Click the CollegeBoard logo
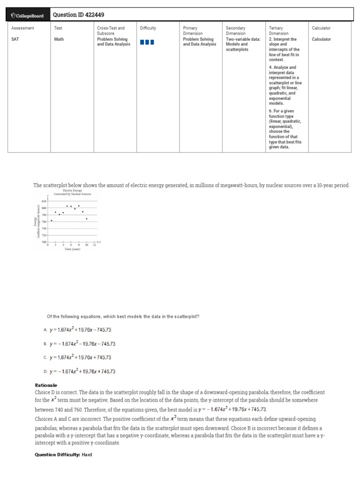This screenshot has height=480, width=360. pos(27,15)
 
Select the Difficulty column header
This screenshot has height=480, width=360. pos(148,28)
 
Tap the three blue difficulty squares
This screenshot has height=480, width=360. pos(147,42)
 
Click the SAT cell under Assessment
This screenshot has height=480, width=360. pos(15,39)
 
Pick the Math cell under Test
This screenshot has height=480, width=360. pos(59,39)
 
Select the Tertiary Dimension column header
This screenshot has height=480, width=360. pos(279,31)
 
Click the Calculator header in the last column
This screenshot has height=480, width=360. pos(321,28)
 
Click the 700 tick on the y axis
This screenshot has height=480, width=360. pos(44,242)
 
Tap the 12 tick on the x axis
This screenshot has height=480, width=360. pos(94,245)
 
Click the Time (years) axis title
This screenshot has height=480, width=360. pos(72,249)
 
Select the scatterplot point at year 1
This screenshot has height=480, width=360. pos(52,220)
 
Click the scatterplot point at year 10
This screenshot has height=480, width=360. pos(87,218)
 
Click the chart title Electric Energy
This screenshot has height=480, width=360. pos(72,191)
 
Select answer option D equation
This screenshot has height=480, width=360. pos(82,372)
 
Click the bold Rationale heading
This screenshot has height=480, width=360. pos(46,385)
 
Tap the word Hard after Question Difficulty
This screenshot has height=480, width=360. pos(87,455)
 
